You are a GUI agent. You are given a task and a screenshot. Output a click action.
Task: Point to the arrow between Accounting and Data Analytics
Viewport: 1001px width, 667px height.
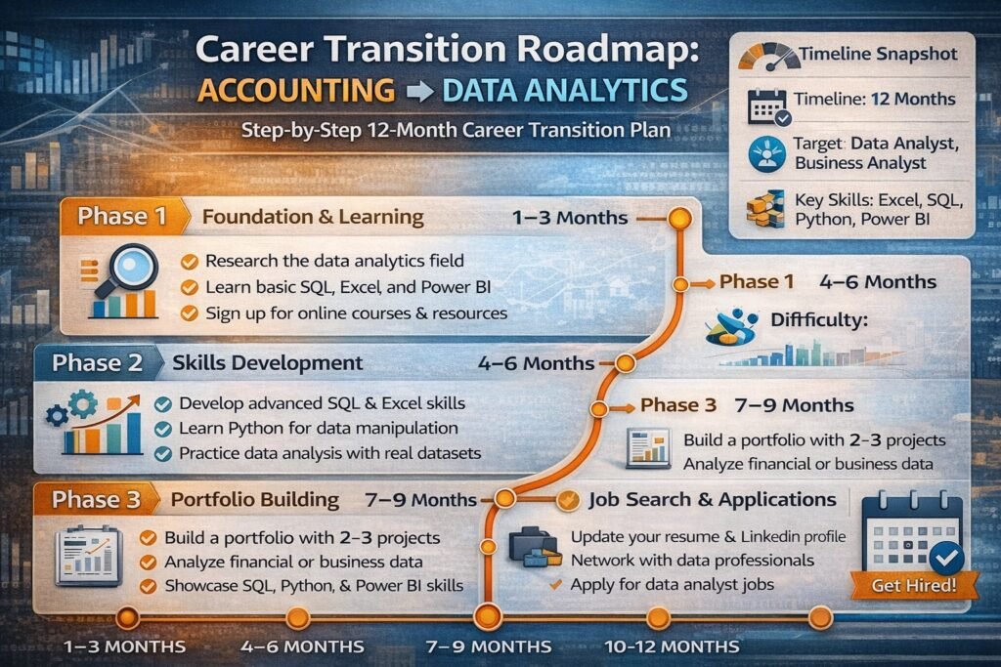[x=417, y=91]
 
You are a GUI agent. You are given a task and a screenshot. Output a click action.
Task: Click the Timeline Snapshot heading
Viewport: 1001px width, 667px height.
[x=876, y=55]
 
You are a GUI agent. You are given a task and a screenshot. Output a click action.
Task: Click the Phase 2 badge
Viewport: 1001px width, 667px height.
[x=98, y=363]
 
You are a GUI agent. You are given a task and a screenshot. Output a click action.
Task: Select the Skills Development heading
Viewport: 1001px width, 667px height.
[x=267, y=363]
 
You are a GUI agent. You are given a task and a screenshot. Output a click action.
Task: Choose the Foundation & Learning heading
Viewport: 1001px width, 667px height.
[x=313, y=216]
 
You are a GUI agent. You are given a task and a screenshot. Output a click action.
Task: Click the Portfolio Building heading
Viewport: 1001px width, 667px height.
[x=255, y=499]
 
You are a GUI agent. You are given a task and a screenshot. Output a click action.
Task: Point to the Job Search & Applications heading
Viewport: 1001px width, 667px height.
[x=713, y=499]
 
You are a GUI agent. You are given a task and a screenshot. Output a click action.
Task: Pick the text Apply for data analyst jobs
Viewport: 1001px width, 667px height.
[x=672, y=584]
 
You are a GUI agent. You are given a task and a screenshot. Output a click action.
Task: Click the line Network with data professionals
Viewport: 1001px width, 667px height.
[x=692, y=561]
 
